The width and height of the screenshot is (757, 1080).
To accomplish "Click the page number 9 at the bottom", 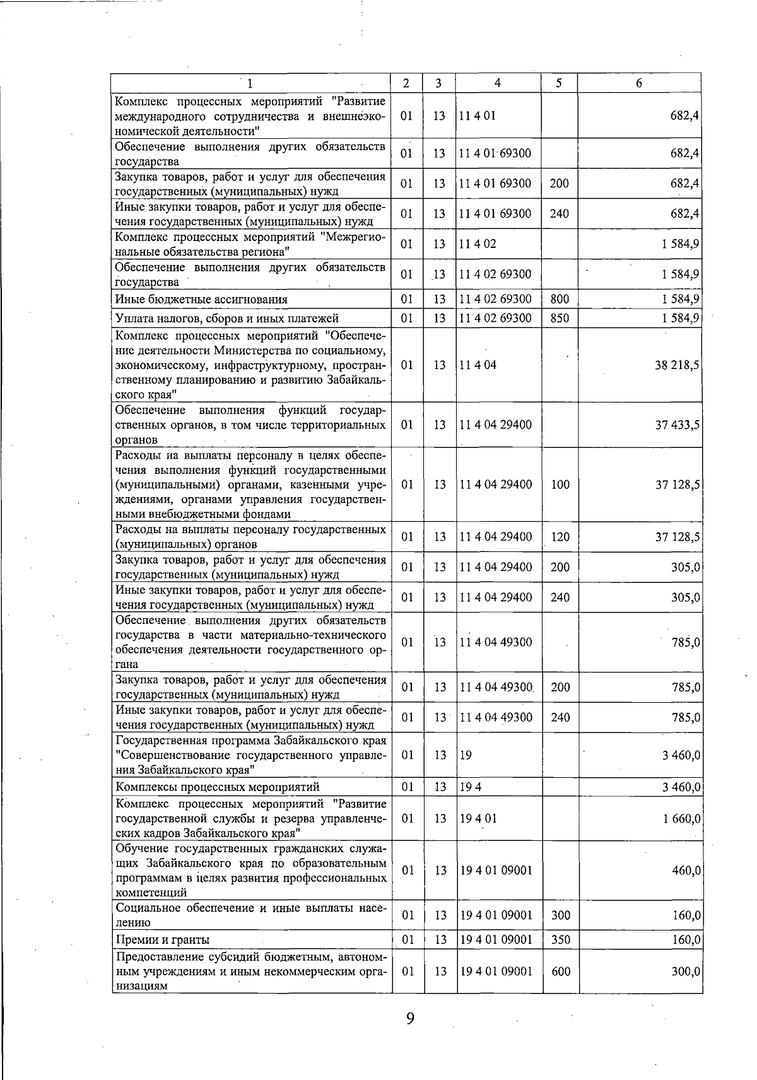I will click(x=410, y=1019).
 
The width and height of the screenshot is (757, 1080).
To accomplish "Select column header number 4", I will click(x=498, y=83).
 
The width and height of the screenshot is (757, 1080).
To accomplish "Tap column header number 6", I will click(x=638, y=83).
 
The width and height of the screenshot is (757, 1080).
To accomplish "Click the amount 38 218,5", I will click(x=678, y=365).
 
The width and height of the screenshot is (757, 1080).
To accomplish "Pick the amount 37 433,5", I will click(x=678, y=425).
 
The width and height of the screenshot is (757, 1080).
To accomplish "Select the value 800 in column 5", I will click(x=560, y=299).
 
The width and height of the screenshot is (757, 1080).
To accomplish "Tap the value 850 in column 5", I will click(x=560, y=318).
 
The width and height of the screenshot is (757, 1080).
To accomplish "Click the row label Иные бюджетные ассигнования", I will click(x=201, y=300).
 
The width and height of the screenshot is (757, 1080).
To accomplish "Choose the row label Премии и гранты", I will click(x=163, y=940).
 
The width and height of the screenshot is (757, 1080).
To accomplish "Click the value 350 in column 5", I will click(x=560, y=940).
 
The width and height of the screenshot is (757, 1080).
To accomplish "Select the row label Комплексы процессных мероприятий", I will click(x=218, y=787).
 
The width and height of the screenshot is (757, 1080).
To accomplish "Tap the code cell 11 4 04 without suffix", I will click(x=478, y=365).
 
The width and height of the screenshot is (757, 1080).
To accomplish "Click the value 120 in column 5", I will click(x=560, y=537).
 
